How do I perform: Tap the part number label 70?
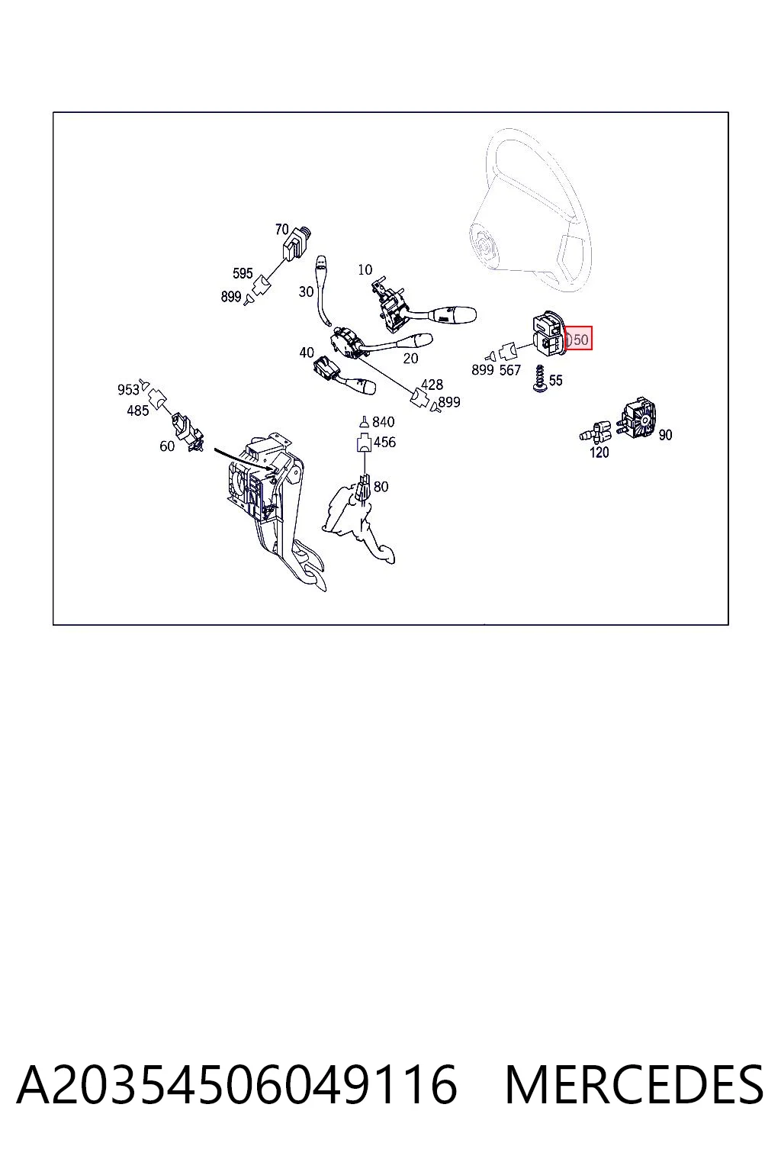(x=281, y=229)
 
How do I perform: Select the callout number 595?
(x=243, y=273)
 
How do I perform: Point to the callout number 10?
(x=365, y=269)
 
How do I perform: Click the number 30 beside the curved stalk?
(x=306, y=291)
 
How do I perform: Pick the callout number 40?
(x=307, y=353)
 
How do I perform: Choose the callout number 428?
(x=432, y=385)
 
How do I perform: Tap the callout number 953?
(x=128, y=389)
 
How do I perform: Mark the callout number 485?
(x=137, y=411)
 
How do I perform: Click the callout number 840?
(x=383, y=422)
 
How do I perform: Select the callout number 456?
(x=384, y=442)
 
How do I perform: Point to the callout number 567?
(x=510, y=370)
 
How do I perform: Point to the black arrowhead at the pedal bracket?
(x=271, y=468)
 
